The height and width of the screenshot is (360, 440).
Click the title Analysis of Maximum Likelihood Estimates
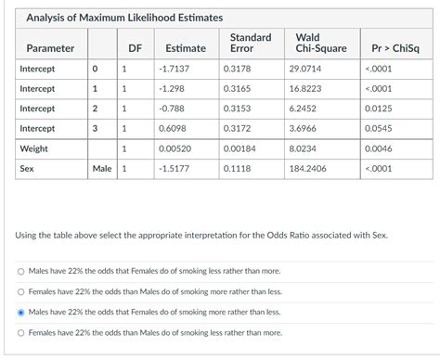(117, 18)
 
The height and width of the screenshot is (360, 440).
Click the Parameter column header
(50, 48)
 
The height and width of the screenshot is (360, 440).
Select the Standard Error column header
(251, 43)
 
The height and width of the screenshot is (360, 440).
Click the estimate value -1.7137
(174, 70)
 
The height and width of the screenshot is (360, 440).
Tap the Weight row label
(34, 148)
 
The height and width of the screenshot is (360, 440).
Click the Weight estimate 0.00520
(175, 148)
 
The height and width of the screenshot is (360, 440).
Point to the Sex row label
(27, 169)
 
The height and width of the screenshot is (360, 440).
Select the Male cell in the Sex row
(101, 169)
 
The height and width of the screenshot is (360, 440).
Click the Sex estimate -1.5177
(175, 169)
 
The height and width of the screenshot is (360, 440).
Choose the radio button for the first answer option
(20, 272)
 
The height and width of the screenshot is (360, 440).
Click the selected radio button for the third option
(20, 313)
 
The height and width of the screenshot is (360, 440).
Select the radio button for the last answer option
(20, 333)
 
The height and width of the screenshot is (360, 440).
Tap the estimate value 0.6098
(172, 128)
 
